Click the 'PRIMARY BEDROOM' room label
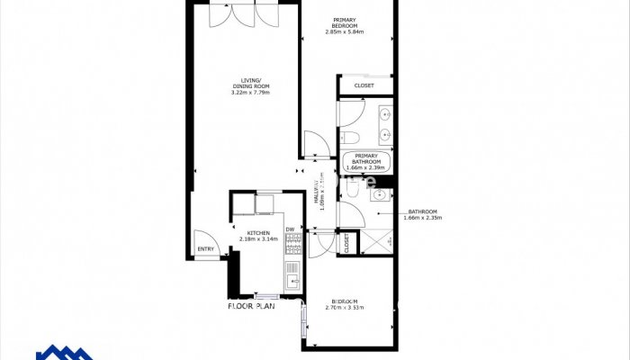click(344, 22)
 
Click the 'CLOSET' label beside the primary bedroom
click(364, 86)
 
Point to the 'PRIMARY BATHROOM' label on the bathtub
click(367, 159)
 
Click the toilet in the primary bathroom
click(351, 137)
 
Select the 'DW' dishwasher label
click(290, 229)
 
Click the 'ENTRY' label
click(205, 250)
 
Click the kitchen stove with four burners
click(292, 248)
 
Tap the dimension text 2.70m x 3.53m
click(345, 309)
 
